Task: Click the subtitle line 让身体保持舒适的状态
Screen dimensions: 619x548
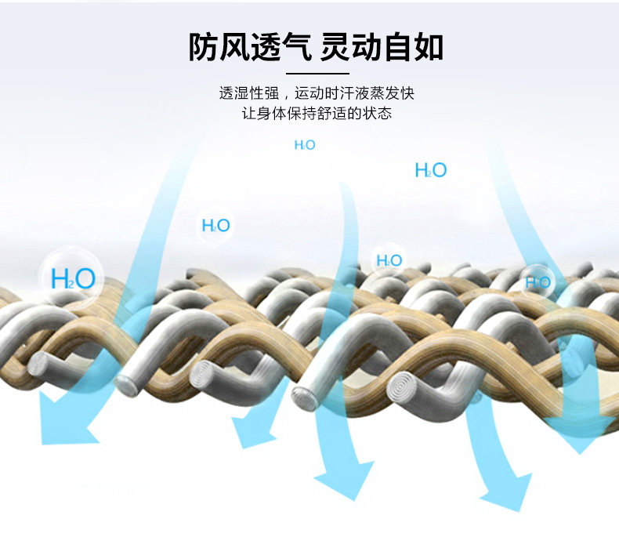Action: click(x=317, y=114)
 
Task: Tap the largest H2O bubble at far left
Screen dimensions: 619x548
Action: click(x=72, y=278)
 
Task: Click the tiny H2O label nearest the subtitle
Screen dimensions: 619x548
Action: click(x=305, y=145)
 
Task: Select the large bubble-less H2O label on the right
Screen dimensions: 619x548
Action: click(x=430, y=170)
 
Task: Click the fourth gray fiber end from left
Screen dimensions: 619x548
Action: click(x=306, y=397)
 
